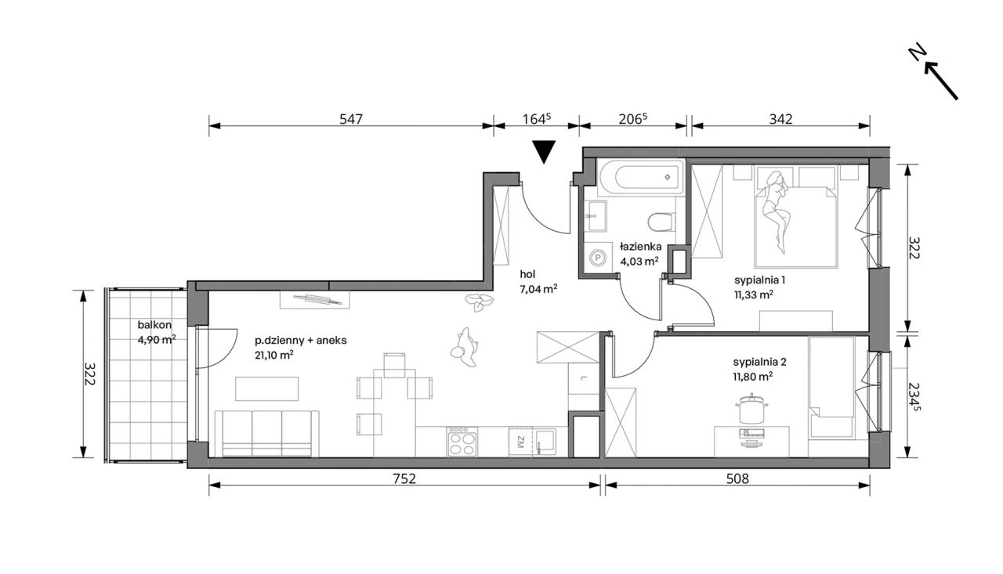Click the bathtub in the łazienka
[x=641, y=177]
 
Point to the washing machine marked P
[x=597, y=258]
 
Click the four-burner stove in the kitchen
[x=462, y=442]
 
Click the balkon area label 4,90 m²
[x=156, y=340]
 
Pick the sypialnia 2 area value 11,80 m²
[x=753, y=377]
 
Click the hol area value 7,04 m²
[x=538, y=290]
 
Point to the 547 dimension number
[x=350, y=119]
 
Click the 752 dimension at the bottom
[x=404, y=479]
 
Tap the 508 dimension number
[x=737, y=479]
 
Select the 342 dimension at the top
[x=781, y=119]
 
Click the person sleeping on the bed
[x=775, y=211]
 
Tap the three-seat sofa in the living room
[x=267, y=434]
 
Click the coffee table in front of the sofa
[x=267, y=388]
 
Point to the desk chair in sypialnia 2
[x=751, y=409]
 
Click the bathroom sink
[x=596, y=215]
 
